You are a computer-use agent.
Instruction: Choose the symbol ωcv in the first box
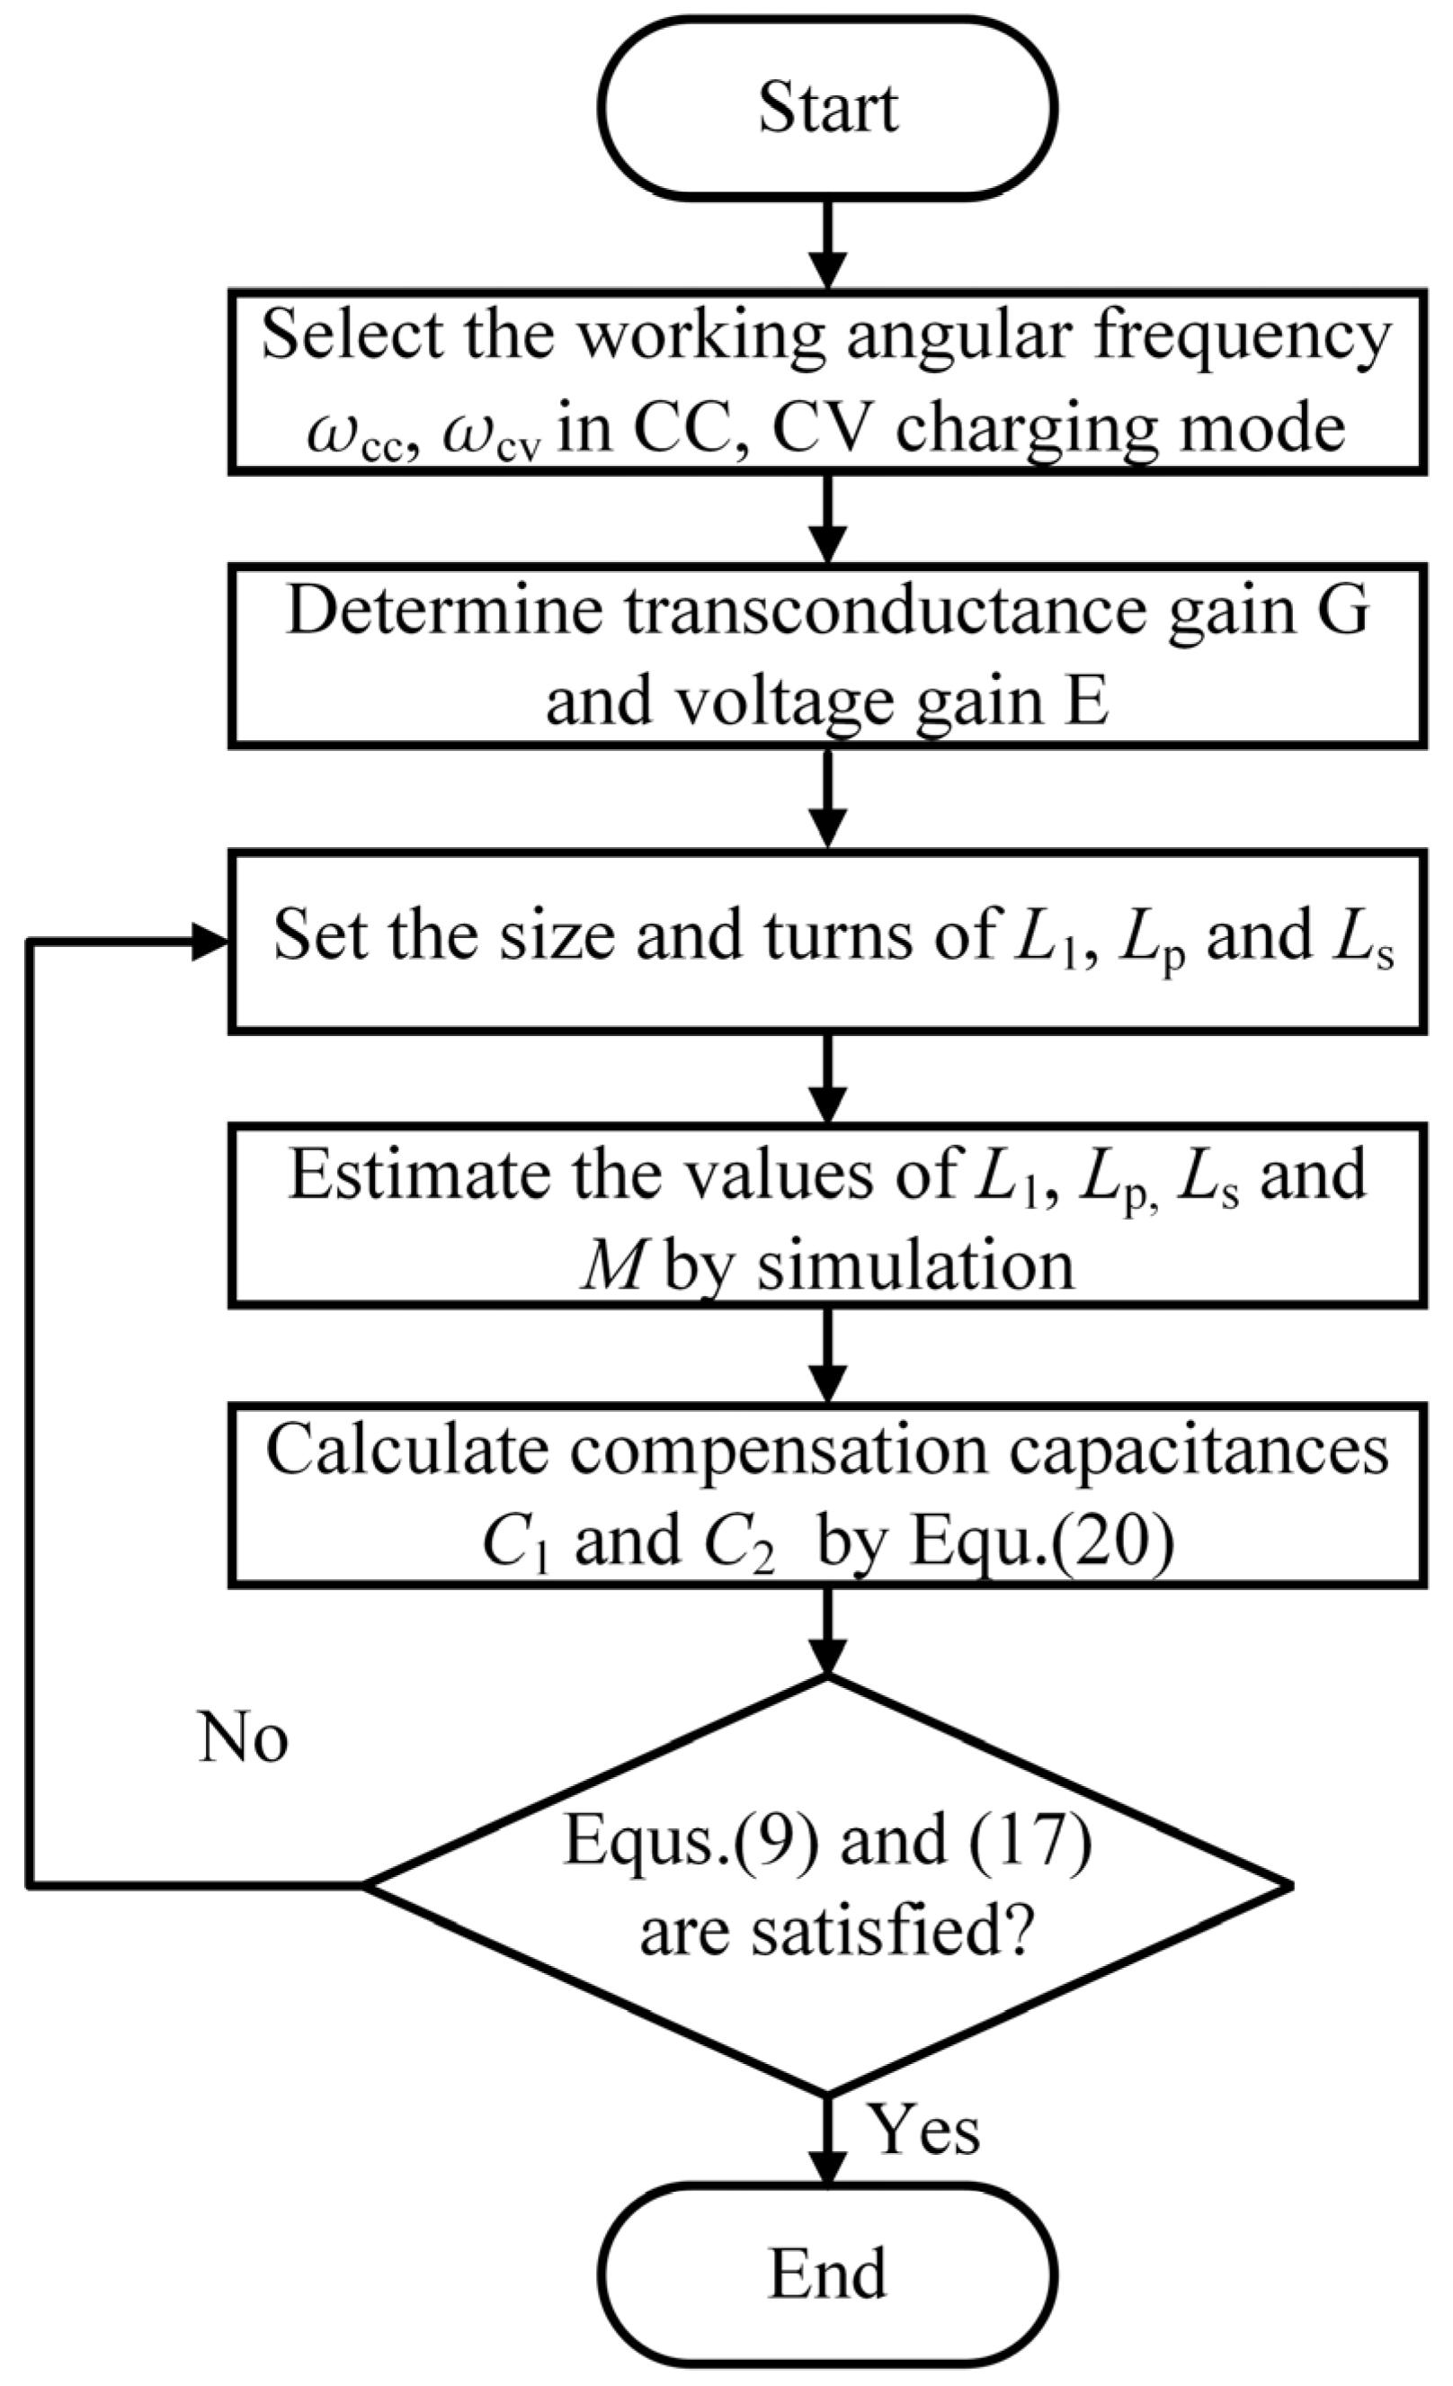point(491,432)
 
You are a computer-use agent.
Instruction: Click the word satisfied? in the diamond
point(914,1931)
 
